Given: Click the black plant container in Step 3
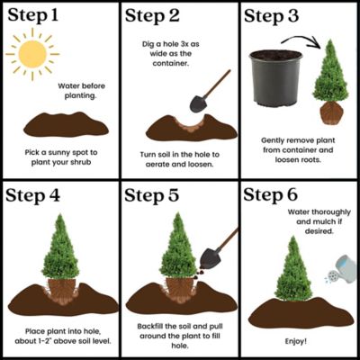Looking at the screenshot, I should click(x=274, y=79).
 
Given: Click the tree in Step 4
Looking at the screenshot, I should click(x=59, y=247).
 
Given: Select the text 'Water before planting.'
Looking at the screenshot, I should click(x=86, y=92).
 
